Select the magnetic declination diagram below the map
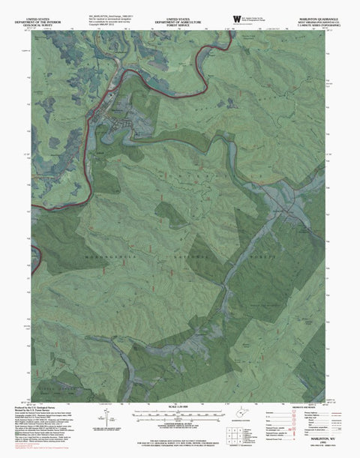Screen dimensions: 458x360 coord(100,422)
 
